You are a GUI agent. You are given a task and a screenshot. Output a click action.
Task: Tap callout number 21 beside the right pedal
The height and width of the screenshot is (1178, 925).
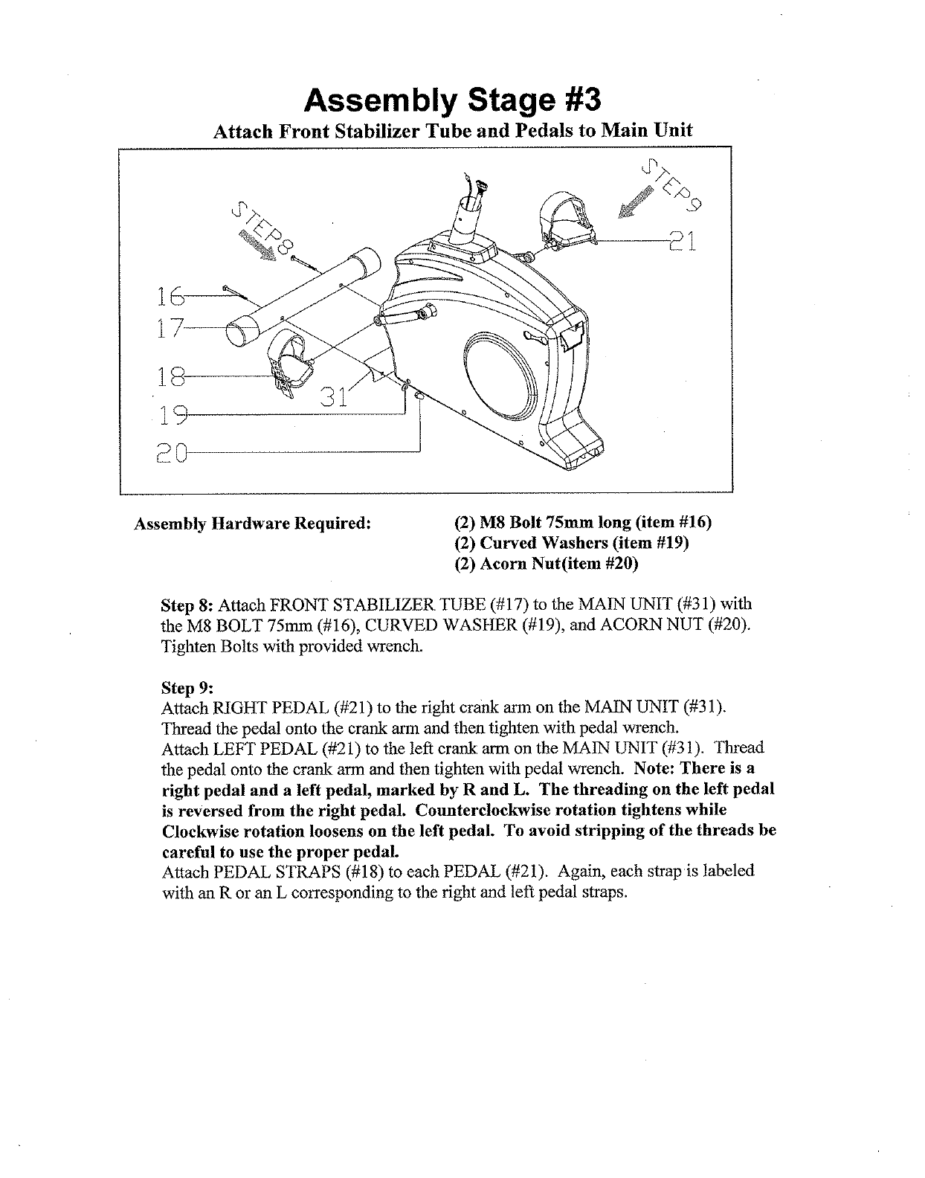click(682, 242)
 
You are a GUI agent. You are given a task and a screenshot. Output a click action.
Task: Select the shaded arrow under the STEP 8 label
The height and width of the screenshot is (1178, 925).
click(256, 243)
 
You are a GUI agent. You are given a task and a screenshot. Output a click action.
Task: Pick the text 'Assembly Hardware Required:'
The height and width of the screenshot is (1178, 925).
click(252, 523)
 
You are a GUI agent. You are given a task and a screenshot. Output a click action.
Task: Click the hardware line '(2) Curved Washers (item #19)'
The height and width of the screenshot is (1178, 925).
click(571, 544)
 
